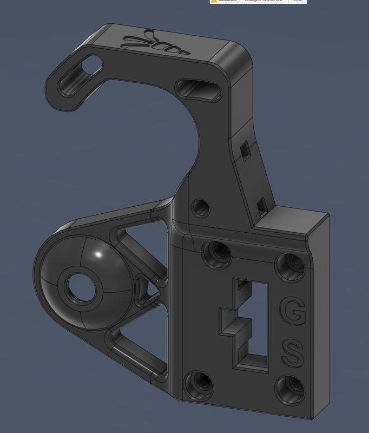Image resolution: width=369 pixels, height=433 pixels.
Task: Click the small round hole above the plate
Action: [202, 206]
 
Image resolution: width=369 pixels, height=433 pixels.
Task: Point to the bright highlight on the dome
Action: [98, 254]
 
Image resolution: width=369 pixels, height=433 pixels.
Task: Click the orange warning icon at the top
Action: [214, 1]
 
